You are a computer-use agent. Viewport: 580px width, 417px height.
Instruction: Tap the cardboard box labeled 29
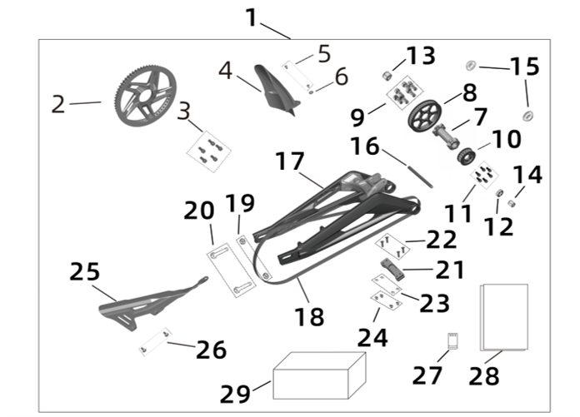320,375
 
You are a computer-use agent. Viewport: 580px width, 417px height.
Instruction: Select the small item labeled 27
452,340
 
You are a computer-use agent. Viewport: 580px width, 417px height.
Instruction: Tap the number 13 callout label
421,56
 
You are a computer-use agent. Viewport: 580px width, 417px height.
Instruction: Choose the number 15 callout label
525,67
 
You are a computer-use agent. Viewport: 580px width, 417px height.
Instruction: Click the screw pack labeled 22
390,245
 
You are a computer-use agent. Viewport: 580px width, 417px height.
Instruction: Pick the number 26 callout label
212,350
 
